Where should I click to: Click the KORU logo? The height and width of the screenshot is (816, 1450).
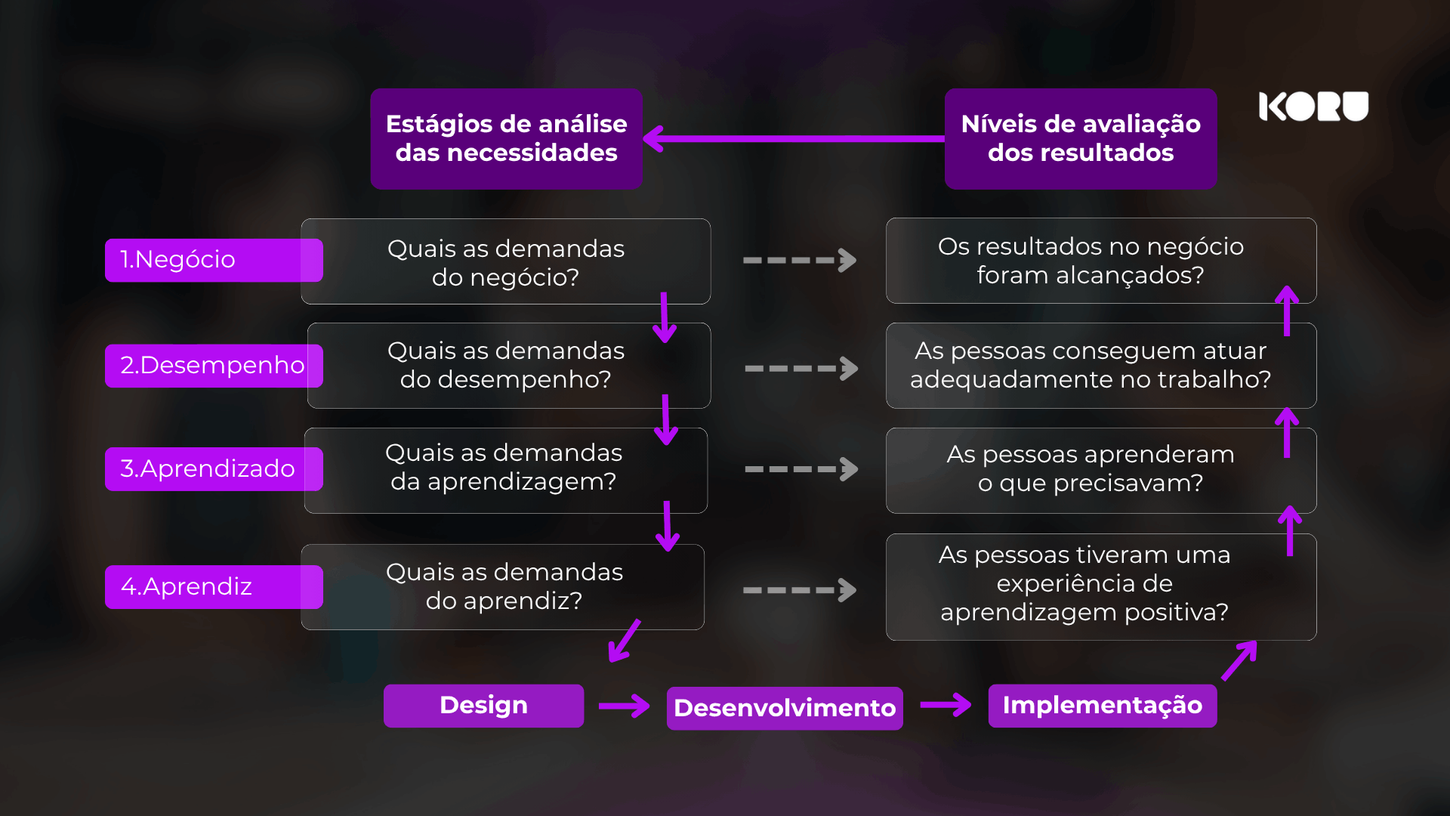(1313, 107)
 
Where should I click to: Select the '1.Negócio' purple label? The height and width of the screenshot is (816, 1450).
(214, 260)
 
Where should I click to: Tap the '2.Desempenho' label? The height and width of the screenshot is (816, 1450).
(214, 366)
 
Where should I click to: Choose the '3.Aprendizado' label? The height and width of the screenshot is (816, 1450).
(214, 469)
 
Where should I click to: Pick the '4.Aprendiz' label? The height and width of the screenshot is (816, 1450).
(214, 587)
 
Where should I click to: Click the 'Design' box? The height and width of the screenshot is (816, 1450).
(483, 706)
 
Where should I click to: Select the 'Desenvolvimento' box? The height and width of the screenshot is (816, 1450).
(785, 708)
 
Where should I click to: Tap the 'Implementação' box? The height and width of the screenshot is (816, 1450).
(1103, 706)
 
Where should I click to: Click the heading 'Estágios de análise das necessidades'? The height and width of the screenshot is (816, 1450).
(507, 139)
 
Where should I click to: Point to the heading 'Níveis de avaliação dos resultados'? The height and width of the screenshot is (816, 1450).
(1081, 139)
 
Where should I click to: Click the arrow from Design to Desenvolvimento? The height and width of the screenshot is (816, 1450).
(624, 706)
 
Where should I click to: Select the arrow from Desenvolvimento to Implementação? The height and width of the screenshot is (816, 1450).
(946, 705)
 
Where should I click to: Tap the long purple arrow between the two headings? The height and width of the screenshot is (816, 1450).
(794, 139)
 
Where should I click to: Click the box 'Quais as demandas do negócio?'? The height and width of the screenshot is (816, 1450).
(506, 261)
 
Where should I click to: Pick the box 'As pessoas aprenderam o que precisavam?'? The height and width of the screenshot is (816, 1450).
(1101, 471)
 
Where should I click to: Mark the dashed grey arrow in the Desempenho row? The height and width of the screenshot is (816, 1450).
(801, 369)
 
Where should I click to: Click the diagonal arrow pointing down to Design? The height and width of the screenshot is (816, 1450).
(625, 641)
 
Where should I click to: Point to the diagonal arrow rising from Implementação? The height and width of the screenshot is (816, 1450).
(1239, 660)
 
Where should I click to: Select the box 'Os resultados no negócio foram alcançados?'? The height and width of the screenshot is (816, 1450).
(1101, 261)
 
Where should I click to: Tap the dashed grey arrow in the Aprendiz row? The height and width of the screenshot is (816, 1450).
(800, 590)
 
